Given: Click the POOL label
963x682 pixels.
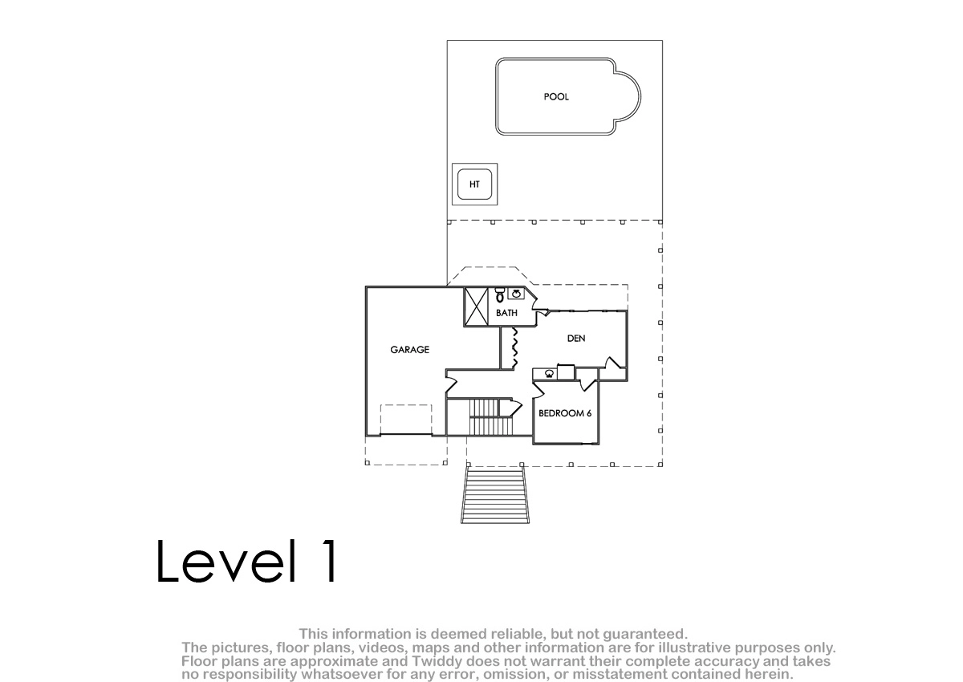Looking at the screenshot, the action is click(556, 97).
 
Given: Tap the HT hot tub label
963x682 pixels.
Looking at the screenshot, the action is click(474, 185).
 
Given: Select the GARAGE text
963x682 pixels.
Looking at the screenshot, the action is click(410, 350).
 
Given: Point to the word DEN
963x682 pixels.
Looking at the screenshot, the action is click(576, 339).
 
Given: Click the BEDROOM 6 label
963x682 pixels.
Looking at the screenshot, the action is click(565, 413).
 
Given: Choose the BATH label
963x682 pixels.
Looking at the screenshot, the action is click(506, 313).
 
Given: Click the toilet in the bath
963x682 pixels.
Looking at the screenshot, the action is click(499, 295).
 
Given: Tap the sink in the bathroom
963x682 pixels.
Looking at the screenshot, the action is click(516, 294).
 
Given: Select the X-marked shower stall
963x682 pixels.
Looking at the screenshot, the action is click(477, 306).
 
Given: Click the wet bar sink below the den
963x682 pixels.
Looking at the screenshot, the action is click(549, 373).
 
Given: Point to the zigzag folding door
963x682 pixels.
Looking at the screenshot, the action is click(514, 348).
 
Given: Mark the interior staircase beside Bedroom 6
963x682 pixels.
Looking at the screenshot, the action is click(491, 417).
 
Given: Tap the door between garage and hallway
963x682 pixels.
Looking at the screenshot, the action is click(450, 384).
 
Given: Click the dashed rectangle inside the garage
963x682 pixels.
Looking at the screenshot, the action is click(406, 420).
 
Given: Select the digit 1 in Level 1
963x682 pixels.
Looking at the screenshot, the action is click(330, 561).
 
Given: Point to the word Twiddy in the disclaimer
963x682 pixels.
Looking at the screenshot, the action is click(437, 661).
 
